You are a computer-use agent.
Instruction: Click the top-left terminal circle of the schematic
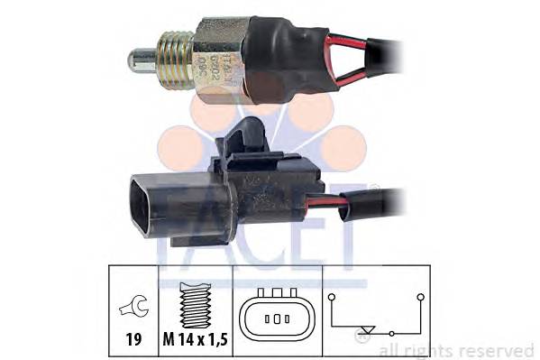[332, 296]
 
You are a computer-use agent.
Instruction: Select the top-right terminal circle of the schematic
[420, 296]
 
